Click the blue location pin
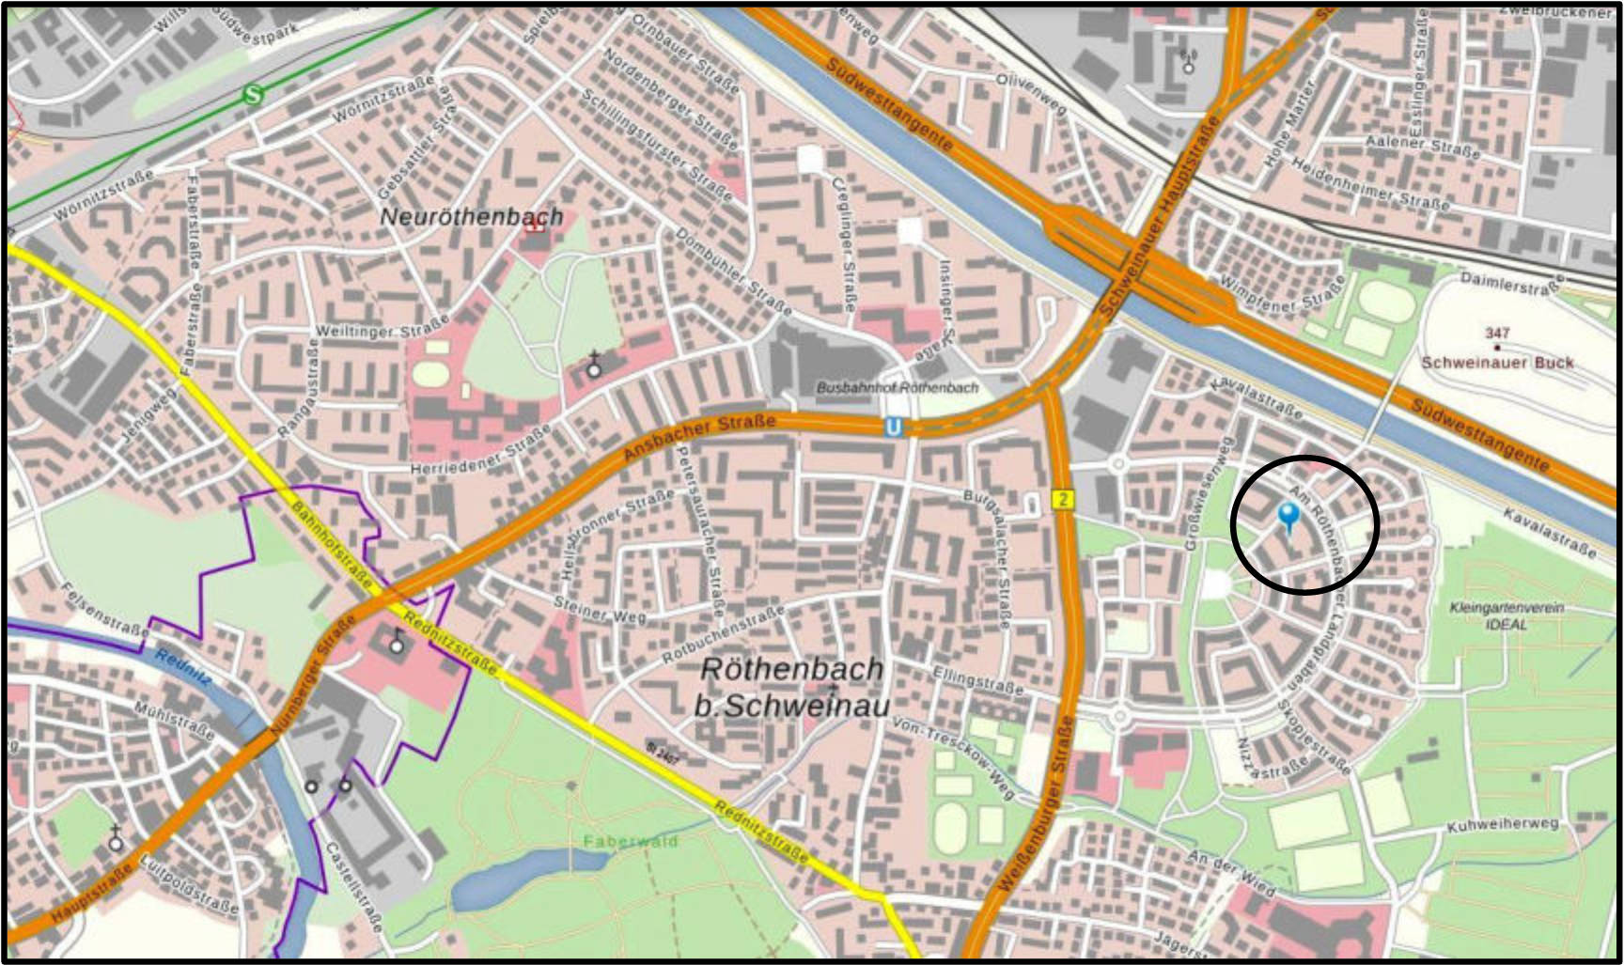tap(1288, 515)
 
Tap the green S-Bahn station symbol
tap(252, 95)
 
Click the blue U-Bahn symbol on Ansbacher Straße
tap(893, 428)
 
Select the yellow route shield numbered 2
tap(1062, 499)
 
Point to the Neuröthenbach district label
tap(472, 217)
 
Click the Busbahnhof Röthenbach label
tap(897, 387)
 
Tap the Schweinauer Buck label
tap(1496, 363)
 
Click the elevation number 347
tap(1497, 333)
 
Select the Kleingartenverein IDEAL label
tap(1507, 615)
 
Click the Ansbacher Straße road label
tap(700, 437)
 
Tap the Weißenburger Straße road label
tap(1035, 805)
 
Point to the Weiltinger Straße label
tap(382, 331)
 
